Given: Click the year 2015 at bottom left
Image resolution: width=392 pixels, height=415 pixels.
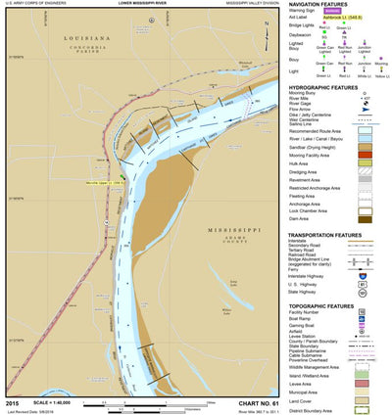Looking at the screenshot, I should [12, 402].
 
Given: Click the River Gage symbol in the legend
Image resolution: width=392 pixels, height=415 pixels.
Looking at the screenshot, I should [365, 104].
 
